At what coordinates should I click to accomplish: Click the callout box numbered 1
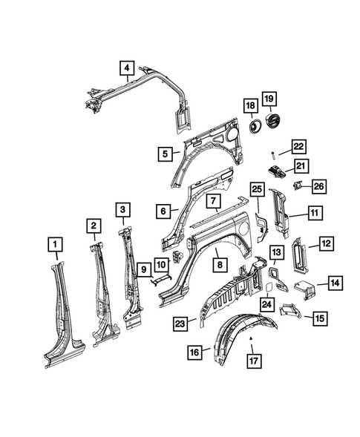tap(54, 243)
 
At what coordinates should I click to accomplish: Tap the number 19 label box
tap(269, 99)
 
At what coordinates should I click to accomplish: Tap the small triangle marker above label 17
tap(252, 338)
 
